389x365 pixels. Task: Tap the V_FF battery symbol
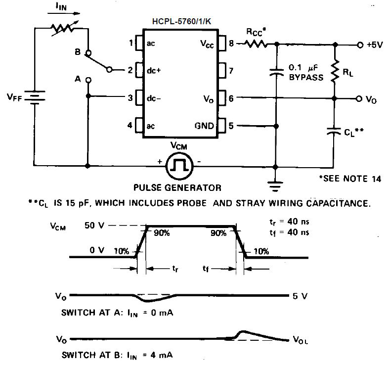coord(35,97)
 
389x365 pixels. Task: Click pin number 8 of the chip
coord(231,44)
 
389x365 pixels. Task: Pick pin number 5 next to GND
coord(231,126)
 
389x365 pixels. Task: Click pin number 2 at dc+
coord(131,71)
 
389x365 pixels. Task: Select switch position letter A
coord(77,78)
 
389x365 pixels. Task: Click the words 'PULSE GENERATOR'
coord(178,188)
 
